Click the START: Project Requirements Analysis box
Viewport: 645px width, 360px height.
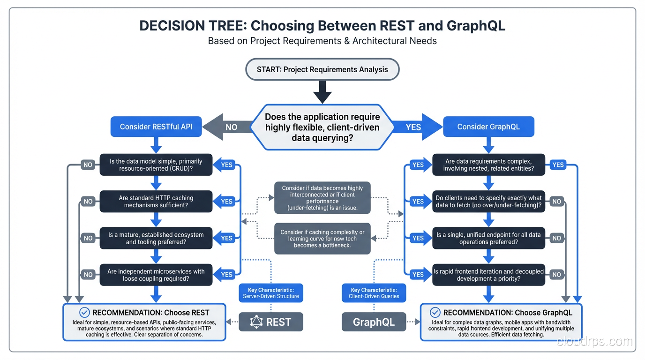coord(322,69)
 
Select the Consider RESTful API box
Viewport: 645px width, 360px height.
coord(156,127)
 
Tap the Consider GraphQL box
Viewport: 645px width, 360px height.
coord(488,127)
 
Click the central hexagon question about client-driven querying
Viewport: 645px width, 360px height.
coord(322,127)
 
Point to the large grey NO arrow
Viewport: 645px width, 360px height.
coord(228,127)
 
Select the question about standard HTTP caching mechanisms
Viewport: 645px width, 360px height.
coord(156,202)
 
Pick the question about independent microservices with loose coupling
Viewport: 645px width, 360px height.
coord(156,275)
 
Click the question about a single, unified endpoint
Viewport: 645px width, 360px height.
coord(488,238)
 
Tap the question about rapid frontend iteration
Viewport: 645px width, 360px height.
coord(488,275)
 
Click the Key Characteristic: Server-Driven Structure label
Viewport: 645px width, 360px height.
coord(271,293)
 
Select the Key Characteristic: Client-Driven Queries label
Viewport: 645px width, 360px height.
coord(374,293)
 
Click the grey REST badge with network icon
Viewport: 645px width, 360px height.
coord(271,322)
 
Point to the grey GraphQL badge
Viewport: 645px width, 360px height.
coord(374,322)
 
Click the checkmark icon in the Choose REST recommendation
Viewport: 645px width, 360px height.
coord(84,313)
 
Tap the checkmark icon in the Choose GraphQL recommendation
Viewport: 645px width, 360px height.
coord(435,313)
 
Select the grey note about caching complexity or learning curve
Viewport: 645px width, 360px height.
coord(322,239)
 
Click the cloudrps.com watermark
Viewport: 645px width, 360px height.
coord(594,342)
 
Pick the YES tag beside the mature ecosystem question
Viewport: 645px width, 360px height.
coord(227,238)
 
